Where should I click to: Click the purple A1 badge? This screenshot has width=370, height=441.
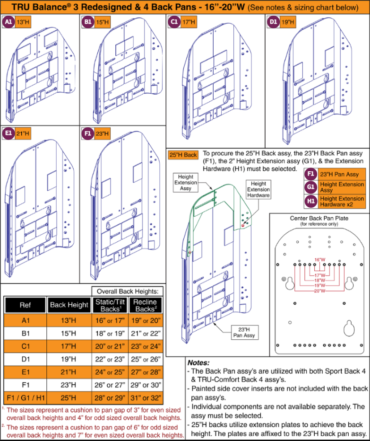pos(9,22)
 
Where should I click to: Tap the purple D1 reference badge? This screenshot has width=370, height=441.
pos(273,22)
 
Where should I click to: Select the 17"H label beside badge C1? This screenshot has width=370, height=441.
pos(189,22)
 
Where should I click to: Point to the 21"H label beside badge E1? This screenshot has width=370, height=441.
pos(23,133)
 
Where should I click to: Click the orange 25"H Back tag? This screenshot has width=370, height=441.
pos(183,155)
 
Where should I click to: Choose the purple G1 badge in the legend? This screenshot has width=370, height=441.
pos(311,187)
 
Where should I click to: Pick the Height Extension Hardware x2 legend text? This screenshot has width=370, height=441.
pos(342,202)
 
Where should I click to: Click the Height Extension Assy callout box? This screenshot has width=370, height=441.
pos(185,183)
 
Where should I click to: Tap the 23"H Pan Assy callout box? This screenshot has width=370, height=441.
pos(244,333)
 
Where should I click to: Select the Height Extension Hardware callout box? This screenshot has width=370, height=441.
pos(258,189)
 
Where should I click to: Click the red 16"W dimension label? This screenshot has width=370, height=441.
pos(320,260)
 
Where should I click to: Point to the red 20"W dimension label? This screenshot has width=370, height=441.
pos(319,291)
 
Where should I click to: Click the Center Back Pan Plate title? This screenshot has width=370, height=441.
pos(319,218)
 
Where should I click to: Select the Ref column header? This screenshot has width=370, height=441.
pos(26,305)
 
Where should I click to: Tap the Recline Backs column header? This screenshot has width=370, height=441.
pos(145,305)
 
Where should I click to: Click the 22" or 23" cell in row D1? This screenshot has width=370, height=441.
pos(110,359)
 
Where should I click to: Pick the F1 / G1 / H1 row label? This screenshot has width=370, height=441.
pos(26,398)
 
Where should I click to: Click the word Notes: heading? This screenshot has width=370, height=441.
pos(198,362)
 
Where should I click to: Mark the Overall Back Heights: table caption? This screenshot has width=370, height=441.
pos(128,291)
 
